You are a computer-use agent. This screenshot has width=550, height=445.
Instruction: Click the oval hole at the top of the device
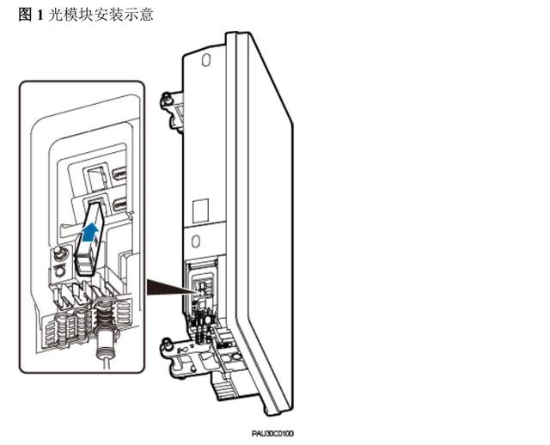click(205, 63)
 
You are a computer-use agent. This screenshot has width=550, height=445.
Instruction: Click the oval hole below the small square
click(196, 239)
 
